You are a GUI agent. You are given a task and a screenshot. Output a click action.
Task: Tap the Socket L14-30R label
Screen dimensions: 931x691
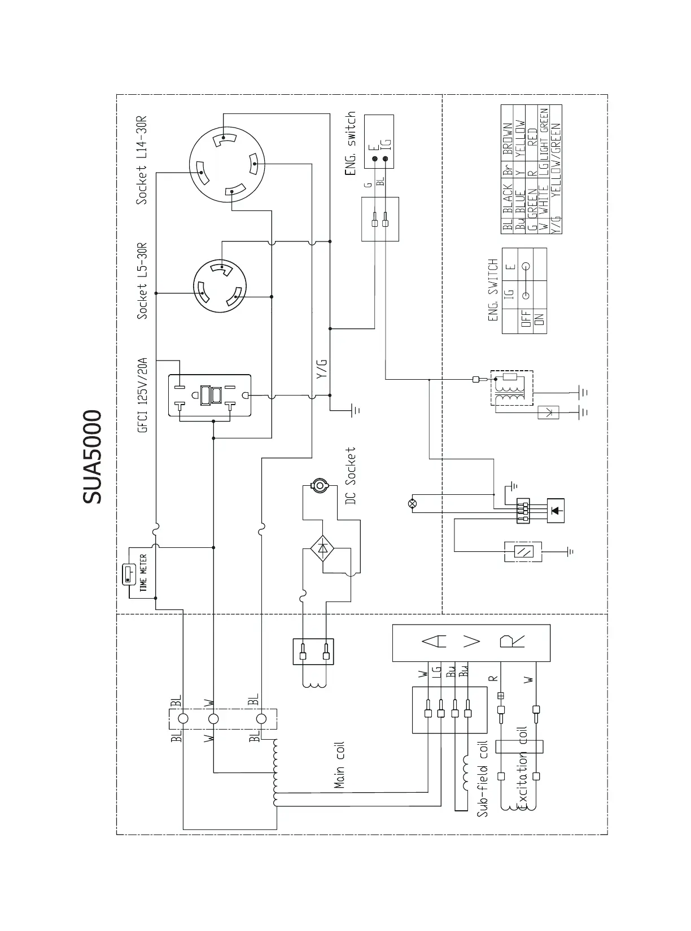click(141, 161)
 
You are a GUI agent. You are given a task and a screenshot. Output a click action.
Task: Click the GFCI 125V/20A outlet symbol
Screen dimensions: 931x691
click(209, 396)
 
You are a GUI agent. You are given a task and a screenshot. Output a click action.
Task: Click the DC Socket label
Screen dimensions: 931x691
click(351, 476)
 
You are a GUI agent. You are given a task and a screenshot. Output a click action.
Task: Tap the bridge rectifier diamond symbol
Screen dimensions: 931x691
click(322, 548)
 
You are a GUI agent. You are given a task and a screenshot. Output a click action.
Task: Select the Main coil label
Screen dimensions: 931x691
click(339, 765)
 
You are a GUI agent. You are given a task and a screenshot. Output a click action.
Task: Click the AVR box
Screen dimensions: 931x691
click(471, 642)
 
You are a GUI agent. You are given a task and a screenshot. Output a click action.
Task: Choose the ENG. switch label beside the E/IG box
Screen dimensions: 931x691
click(351, 143)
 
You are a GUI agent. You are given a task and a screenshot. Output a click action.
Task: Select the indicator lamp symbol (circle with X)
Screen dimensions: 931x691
click(412, 503)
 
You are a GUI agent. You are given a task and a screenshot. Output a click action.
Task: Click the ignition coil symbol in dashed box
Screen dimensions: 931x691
click(511, 388)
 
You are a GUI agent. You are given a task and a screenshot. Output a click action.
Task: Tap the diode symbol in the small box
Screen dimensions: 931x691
click(556, 510)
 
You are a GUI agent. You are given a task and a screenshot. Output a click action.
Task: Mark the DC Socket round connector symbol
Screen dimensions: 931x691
click(320, 485)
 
